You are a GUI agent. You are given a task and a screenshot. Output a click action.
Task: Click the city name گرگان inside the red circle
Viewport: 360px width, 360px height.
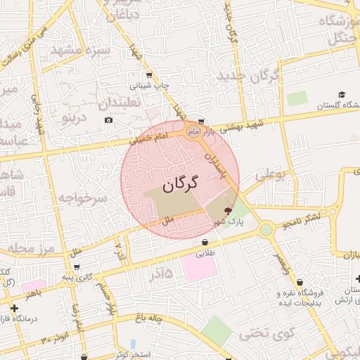[x=180, y=184]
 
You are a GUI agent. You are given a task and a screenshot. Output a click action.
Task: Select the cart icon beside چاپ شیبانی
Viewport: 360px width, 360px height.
[x=148, y=75]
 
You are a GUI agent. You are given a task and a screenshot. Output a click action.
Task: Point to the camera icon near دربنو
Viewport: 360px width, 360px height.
[x=108, y=120]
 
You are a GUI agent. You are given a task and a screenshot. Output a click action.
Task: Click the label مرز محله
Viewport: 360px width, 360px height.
[x=27, y=248]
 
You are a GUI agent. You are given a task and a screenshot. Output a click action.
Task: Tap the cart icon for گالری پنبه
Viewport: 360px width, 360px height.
[x=76, y=267]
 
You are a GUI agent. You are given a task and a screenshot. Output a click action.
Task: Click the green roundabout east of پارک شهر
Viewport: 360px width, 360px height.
[x=266, y=229]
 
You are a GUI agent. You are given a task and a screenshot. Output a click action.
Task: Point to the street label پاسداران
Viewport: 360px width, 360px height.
[x=217, y=164]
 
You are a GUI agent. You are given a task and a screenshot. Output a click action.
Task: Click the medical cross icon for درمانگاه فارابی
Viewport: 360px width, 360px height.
[x=14, y=308]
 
